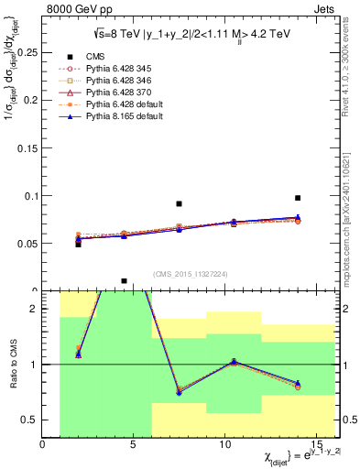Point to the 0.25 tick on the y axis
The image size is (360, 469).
pos(28,52)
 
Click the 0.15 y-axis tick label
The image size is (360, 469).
pos(28,148)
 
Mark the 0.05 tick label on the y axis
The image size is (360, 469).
pos(28,244)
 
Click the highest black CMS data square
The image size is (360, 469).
pos(298,198)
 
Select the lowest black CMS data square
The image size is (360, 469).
pos(124,281)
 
